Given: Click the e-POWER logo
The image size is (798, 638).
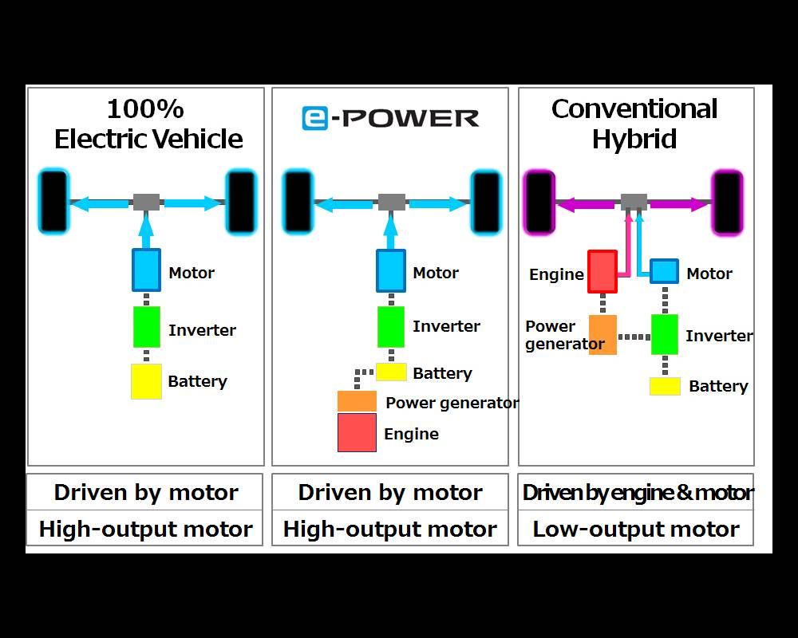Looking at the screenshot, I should pyautogui.click(x=390, y=118).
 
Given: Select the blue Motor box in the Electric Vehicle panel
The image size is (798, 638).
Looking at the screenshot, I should pyautogui.click(x=146, y=270).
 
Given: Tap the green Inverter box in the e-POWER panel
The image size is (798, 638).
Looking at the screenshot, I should pyautogui.click(x=390, y=327).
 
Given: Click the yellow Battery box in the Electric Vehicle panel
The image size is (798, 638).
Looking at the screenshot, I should pyautogui.click(x=146, y=381).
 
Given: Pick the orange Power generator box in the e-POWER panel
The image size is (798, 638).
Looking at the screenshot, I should pyautogui.click(x=357, y=401).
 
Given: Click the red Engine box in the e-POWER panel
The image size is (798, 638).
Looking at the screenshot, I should pyautogui.click(x=357, y=433).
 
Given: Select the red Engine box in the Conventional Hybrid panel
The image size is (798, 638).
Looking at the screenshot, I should pyautogui.click(x=602, y=272).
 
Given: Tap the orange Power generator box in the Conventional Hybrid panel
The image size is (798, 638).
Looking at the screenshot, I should pyautogui.click(x=602, y=335).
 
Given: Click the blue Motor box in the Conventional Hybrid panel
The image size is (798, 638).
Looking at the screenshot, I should pyautogui.click(x=664, y=271).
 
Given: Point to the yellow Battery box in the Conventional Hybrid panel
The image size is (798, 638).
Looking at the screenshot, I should pyautogui.click(x=665, y=386).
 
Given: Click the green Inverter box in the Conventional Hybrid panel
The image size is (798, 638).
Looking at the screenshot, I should pyautogui.click(x=665, y=334).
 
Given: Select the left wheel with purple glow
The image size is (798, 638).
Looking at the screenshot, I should pyautogui.click(x=539, y=203).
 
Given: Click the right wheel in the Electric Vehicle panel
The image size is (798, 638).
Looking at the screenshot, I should pyautogui.click(x=241, y=203).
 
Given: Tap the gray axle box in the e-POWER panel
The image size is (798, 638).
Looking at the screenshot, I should pyautogui.click(x=391, y=202).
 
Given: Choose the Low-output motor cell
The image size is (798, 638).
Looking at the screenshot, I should pyautogui.click(x=635, y=529).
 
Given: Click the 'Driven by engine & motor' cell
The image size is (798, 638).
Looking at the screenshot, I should pyautogui.click(x=635, y=493).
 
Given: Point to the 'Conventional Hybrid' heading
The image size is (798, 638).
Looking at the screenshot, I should pyautogui.click(x=635, y=124).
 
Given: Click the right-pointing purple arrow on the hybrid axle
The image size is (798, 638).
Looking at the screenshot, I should pyautogui.click(x=678, y=204).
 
